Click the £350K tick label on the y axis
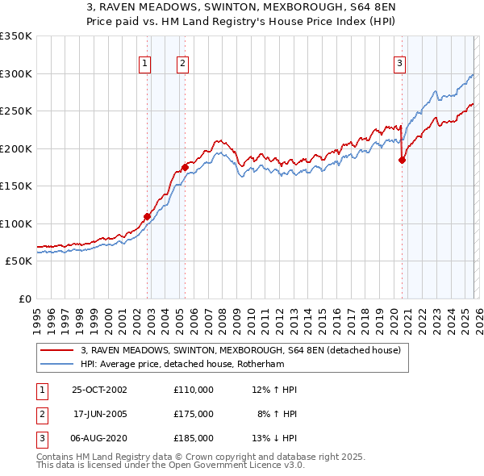[x=16, y=36]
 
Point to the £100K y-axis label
[x=16, y=223]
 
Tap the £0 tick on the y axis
[x=24, y=299]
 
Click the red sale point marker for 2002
[x=148, y=216]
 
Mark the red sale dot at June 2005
[x=185, y=168]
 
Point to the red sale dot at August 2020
[x=401, y=160]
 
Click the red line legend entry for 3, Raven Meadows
[x=246, y=350]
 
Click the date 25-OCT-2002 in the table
[x=99, y=390]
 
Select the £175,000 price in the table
[x=193, y=414]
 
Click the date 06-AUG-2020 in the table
[x=99, y=438]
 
